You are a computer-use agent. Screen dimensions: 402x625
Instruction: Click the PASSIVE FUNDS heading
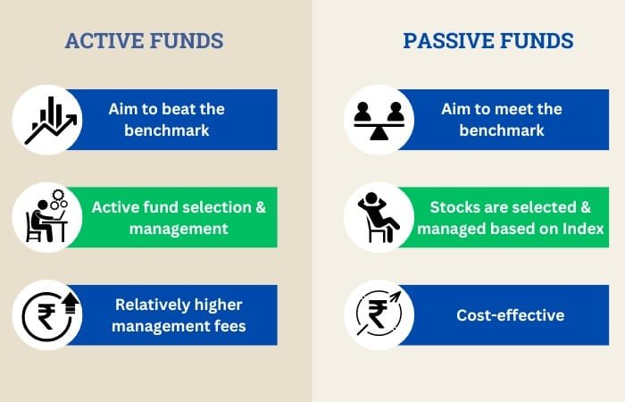coord(487,41)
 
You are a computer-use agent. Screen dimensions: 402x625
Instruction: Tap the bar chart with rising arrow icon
coord(50,120)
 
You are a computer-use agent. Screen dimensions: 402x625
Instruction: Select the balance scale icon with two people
coord(379,120)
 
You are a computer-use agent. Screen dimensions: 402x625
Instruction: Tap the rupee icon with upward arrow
coord(47,315)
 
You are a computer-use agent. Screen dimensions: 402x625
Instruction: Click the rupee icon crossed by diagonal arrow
coord(379,315)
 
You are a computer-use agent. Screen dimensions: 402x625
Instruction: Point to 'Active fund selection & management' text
coord(179,217)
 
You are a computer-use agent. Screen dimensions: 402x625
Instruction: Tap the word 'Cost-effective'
coord(510,315)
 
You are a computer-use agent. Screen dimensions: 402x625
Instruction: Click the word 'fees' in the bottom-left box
coord(229,327)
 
